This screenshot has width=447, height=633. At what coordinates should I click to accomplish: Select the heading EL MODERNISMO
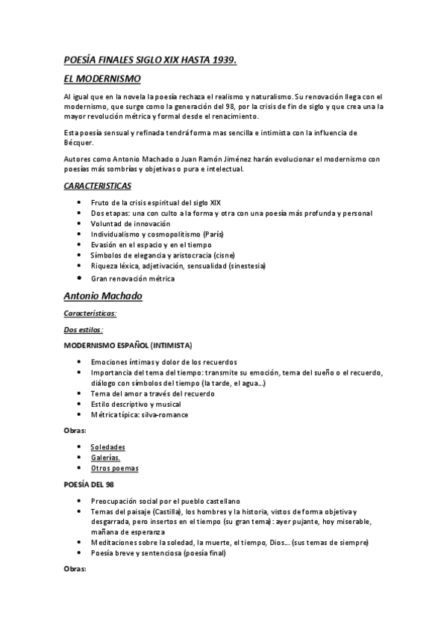tap(102, 78)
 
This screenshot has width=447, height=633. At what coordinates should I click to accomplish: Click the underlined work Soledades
tap(107, 447)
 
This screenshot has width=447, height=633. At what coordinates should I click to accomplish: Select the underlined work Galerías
tap(105, 458)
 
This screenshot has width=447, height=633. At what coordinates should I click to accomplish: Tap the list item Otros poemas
tap(114, 468)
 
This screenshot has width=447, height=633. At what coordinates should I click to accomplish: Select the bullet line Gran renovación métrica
tap(132, 278)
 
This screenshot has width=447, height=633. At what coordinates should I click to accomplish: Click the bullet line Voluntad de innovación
tap(130, 224)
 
